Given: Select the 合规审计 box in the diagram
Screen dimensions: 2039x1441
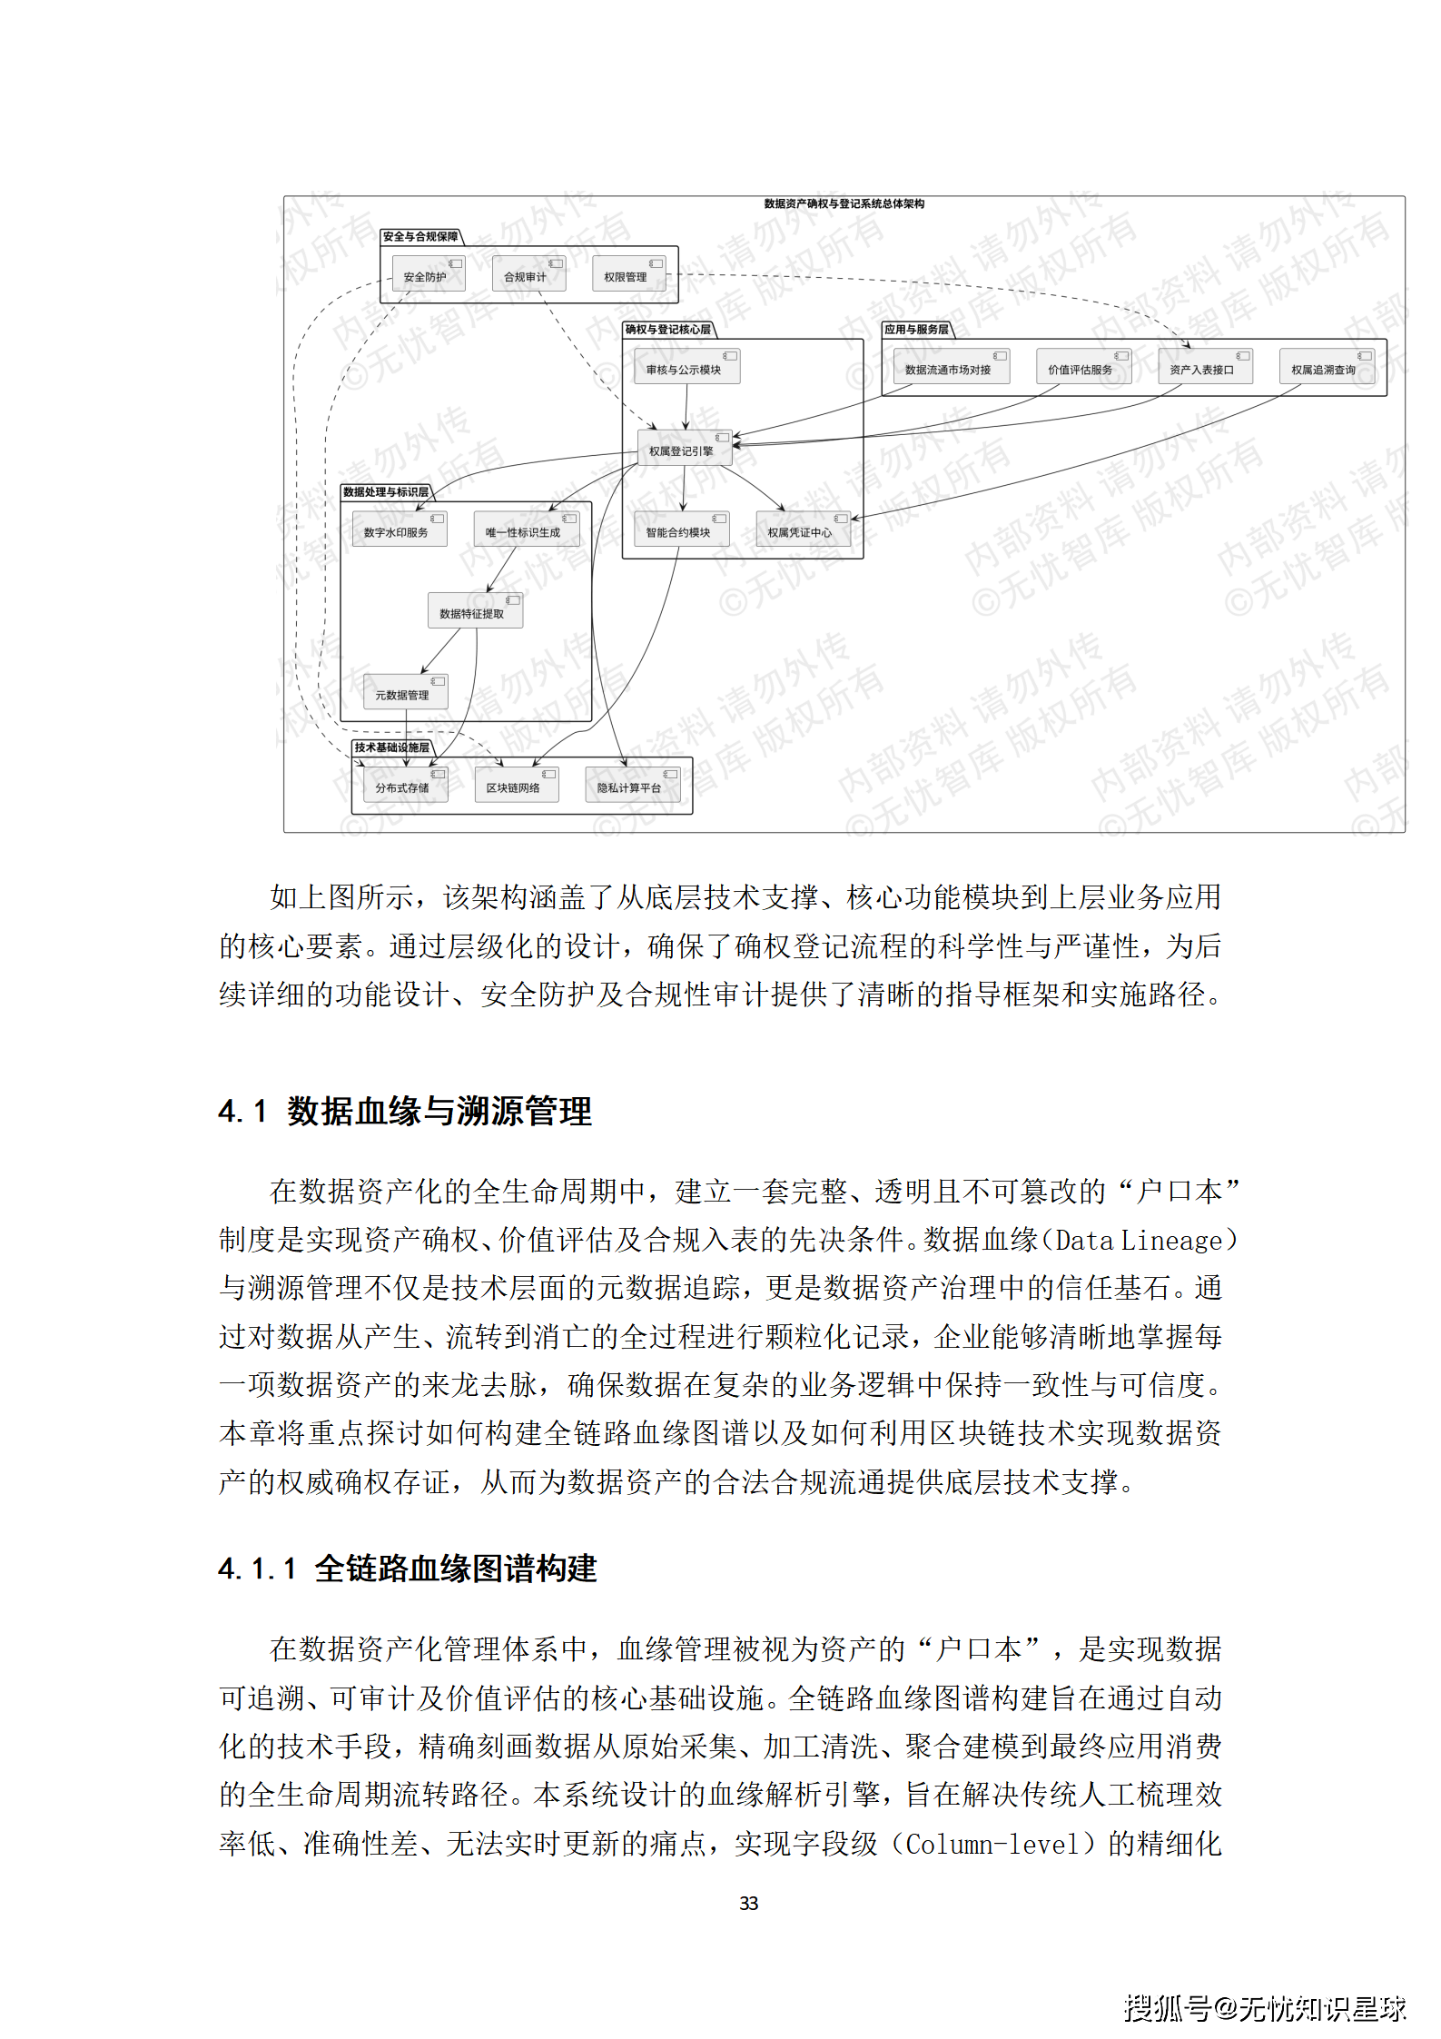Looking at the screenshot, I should pos(528,274).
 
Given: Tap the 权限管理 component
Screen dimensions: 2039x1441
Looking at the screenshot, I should pos(628,274).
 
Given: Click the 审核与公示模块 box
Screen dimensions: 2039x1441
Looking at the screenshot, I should pos(686,367).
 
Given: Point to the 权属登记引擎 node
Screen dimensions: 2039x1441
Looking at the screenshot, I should pos(684,449).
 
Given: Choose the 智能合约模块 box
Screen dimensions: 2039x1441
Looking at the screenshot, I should pos(681,530).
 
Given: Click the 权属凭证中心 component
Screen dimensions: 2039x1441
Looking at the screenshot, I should pos(803,530).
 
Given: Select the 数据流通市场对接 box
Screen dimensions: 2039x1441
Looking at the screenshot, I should pos(951,367).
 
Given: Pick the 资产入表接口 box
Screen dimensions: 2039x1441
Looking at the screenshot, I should pos(1205,367).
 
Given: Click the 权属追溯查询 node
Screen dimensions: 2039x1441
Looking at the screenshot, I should pos(1327,367).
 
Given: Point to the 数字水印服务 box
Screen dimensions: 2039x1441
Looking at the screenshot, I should pos(400,530).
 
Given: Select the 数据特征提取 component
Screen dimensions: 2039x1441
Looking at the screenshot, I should pos(475,611).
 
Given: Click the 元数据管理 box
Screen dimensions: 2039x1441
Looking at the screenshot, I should pos(405,692).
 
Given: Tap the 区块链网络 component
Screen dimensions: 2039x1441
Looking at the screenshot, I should pos(516,785).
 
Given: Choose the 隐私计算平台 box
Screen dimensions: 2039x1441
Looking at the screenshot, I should pos(632,785).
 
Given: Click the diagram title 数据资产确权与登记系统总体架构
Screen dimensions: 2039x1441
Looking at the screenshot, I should pos(844,203).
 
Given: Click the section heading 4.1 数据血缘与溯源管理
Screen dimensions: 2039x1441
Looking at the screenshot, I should pos(405,1111).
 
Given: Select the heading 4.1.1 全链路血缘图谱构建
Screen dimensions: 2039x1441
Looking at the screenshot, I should pos(408,1569).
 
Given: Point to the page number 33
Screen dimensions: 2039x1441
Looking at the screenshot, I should pos(748,1903).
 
